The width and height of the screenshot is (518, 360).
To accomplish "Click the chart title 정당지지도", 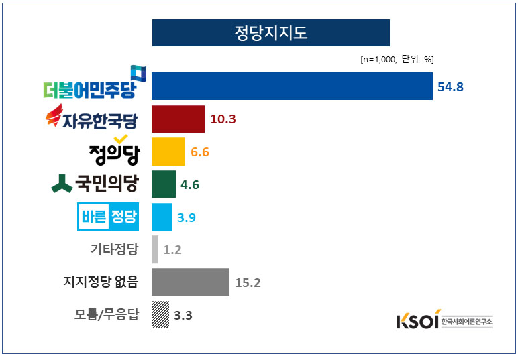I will coord(270,33).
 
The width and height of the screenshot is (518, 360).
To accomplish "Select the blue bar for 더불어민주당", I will coord(292,86).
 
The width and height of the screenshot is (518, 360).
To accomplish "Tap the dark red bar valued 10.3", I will coord(178,119).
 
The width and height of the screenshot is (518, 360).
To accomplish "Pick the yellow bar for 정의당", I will coord(168,152).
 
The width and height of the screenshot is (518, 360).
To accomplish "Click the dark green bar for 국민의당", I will coord(164,184).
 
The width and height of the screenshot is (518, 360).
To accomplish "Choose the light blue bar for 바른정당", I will coord(162,217).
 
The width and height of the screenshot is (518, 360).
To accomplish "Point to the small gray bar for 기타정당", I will coord(155,249).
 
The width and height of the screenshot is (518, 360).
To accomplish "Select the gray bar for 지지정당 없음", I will coord(191,282).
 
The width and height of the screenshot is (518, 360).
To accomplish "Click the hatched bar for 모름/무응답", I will coord(160,314).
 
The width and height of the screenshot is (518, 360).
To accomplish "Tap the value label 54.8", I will coord(451,86).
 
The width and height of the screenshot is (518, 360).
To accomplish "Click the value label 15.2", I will coord(248,282).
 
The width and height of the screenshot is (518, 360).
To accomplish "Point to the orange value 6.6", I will coord(200,152).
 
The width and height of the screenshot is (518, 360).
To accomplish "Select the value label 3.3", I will coord(183,314).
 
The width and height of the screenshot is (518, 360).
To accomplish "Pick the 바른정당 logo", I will coord(109,216).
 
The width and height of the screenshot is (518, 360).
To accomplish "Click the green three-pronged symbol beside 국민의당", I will coord(62,184).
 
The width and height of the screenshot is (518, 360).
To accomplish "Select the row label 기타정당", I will coord(114,249).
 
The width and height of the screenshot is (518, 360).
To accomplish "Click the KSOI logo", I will coord(417,320).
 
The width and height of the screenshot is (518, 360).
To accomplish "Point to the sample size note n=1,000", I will coord(378,60).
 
